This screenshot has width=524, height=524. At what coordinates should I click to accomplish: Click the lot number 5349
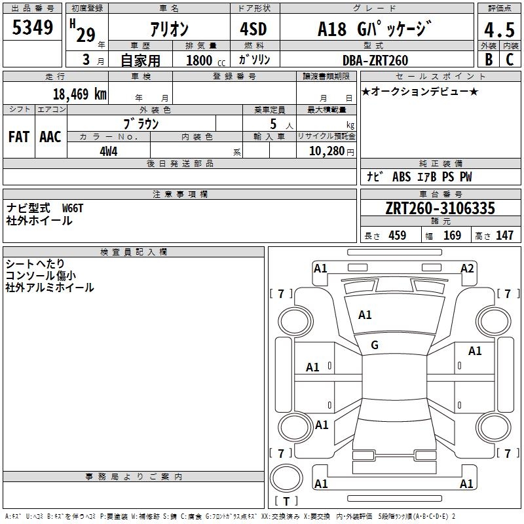(32, 28)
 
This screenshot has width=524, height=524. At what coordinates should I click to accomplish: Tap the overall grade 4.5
(498, 29)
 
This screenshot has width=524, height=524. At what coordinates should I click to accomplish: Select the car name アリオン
(170, 29)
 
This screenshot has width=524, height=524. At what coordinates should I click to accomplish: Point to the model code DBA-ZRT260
(375, 60)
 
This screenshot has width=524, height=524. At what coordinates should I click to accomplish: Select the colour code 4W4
(109, 151)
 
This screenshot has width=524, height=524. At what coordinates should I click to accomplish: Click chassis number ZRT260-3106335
(440, 209)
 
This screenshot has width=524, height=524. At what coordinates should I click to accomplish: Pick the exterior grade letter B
(488, 60)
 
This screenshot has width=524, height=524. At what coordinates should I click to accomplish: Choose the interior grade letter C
(510, 60)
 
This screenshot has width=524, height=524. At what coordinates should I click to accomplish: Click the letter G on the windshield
(375, 345)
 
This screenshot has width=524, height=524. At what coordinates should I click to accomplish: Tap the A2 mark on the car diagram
(467, 268)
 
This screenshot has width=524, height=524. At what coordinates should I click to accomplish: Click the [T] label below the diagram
(286, 502)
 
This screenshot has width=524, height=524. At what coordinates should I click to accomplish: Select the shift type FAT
(19, 136)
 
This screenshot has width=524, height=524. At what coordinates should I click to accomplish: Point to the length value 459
(397, 236)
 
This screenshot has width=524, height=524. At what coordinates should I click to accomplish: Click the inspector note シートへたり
(33, 264)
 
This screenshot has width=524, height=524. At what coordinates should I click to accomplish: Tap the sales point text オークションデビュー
(420, 91)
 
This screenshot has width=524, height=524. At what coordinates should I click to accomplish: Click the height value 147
(504, 236)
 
